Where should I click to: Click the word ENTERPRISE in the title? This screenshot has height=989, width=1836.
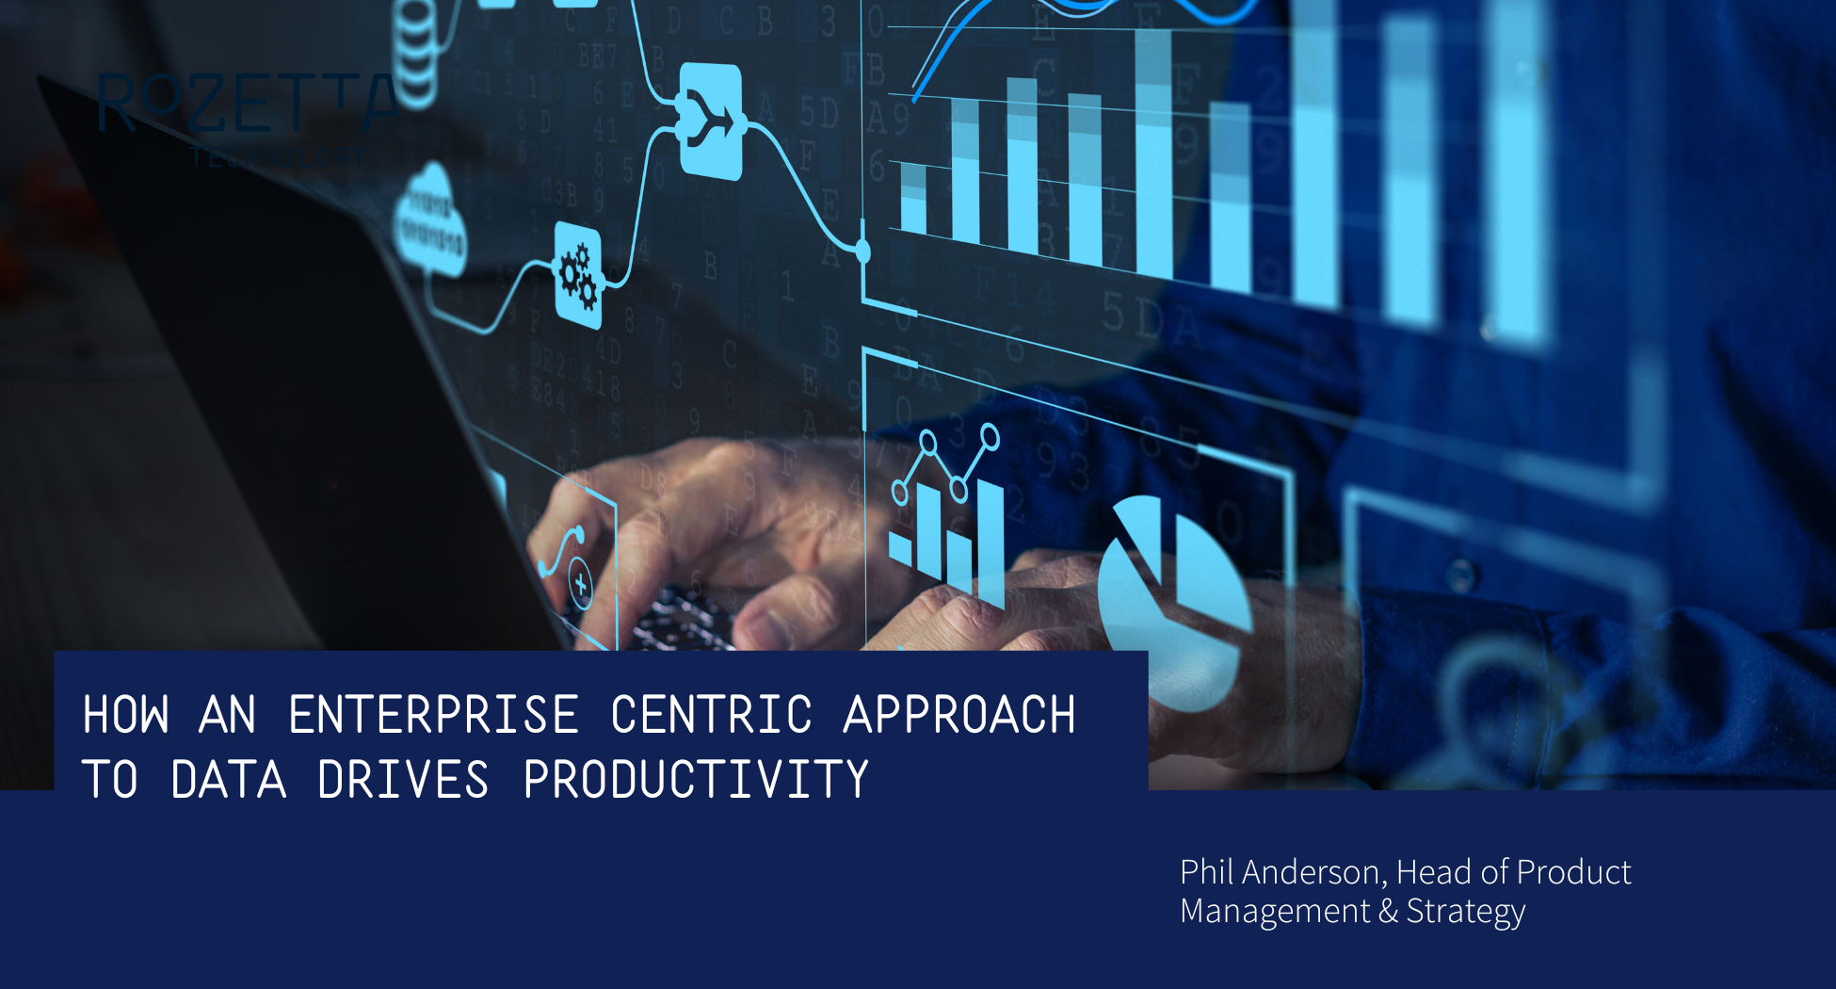pyautogui.click(x=433, y=715)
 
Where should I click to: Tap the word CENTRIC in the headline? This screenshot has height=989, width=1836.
pyautogui.click(x=711, y=715)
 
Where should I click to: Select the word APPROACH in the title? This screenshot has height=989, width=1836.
pyautogui.click(x=959, y=715)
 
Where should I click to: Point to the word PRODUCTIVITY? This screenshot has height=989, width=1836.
pyautogui.click(x=696, y=780)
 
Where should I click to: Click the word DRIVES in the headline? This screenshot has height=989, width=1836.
pyautogui.click(x=403, y=780)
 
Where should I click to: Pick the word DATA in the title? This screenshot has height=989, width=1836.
pyautogui.click(x=229, y=780)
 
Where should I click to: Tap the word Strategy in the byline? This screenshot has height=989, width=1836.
pyautogui.click(x=1466, y=912)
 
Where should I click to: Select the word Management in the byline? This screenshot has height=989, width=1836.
pyautogui.click(x=1275, y=912)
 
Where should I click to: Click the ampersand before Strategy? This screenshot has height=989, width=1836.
pyautogui.click(x=1388, y=912)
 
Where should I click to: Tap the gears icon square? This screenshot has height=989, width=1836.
pyautogui.click(x=578, y=275)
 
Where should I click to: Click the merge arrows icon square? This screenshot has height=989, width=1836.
pyautogui.click(x=711, y=121)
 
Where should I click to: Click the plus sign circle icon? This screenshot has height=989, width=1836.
pyautogui.click(x=580, y=585)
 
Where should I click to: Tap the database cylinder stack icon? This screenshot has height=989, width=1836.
pyautogui.click(x=414, y=57)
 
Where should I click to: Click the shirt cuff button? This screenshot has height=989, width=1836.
pyautogui.click(x=1460, y=574)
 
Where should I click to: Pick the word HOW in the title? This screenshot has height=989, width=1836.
pyautogui.click(x=126, y=715)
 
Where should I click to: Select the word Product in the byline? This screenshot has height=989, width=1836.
pyautogui.click(x=1574, y=872)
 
